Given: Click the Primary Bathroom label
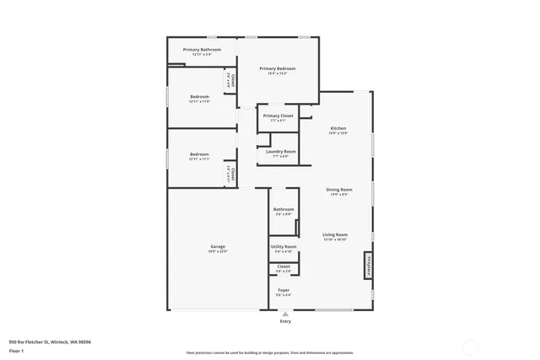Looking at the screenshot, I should tap(202, 50).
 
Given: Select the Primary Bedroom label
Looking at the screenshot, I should tap(277, 68).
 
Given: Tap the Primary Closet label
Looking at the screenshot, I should tap(278, 116).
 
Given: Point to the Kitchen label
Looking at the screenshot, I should tap(337, 127).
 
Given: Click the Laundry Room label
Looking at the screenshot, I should tap(278, 151).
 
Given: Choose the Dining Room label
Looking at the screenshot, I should tap(337, 190).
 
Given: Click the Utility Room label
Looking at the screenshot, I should tap(283, 246).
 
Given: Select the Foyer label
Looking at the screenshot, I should tap(283, 290).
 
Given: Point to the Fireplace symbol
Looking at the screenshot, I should tap(367, 265).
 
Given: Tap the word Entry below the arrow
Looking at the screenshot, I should tap(285, 321).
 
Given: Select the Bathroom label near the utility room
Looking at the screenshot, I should tap(283, 209).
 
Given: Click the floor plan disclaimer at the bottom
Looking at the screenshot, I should tap(270, 352).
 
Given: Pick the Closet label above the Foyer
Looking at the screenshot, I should tap(283, 266).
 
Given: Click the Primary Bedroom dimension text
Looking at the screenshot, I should tap(277, 73).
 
